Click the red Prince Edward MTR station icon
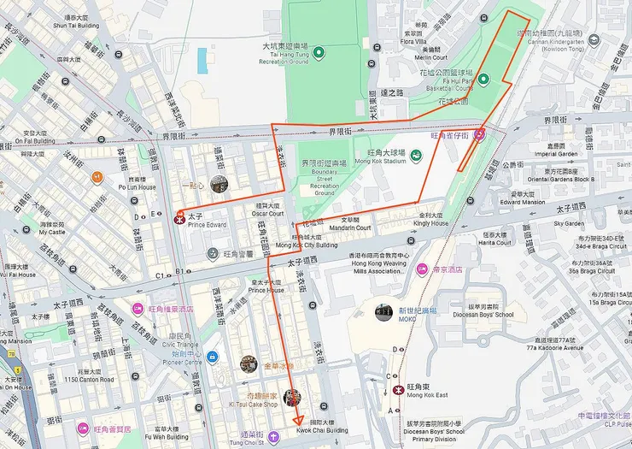180,218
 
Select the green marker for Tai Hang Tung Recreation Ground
319,54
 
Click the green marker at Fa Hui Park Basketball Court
483,80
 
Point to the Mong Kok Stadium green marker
416,155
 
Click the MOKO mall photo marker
383,312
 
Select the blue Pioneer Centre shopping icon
211,357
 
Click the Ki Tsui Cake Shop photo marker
292,398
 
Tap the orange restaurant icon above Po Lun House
98,177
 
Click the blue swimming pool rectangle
202,60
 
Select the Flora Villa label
413,42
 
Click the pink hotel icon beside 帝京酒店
423,269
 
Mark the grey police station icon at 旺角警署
213,253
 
